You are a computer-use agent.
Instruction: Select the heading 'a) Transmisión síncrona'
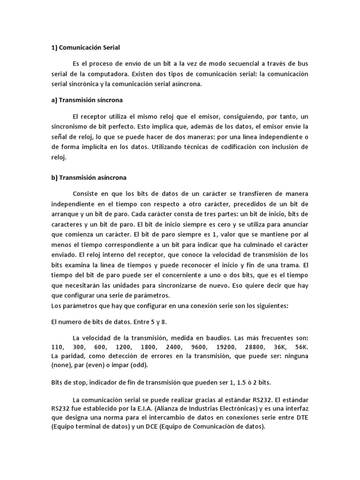click(x=87, y=100)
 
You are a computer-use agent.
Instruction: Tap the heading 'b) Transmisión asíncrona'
click(x=88, y=178)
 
